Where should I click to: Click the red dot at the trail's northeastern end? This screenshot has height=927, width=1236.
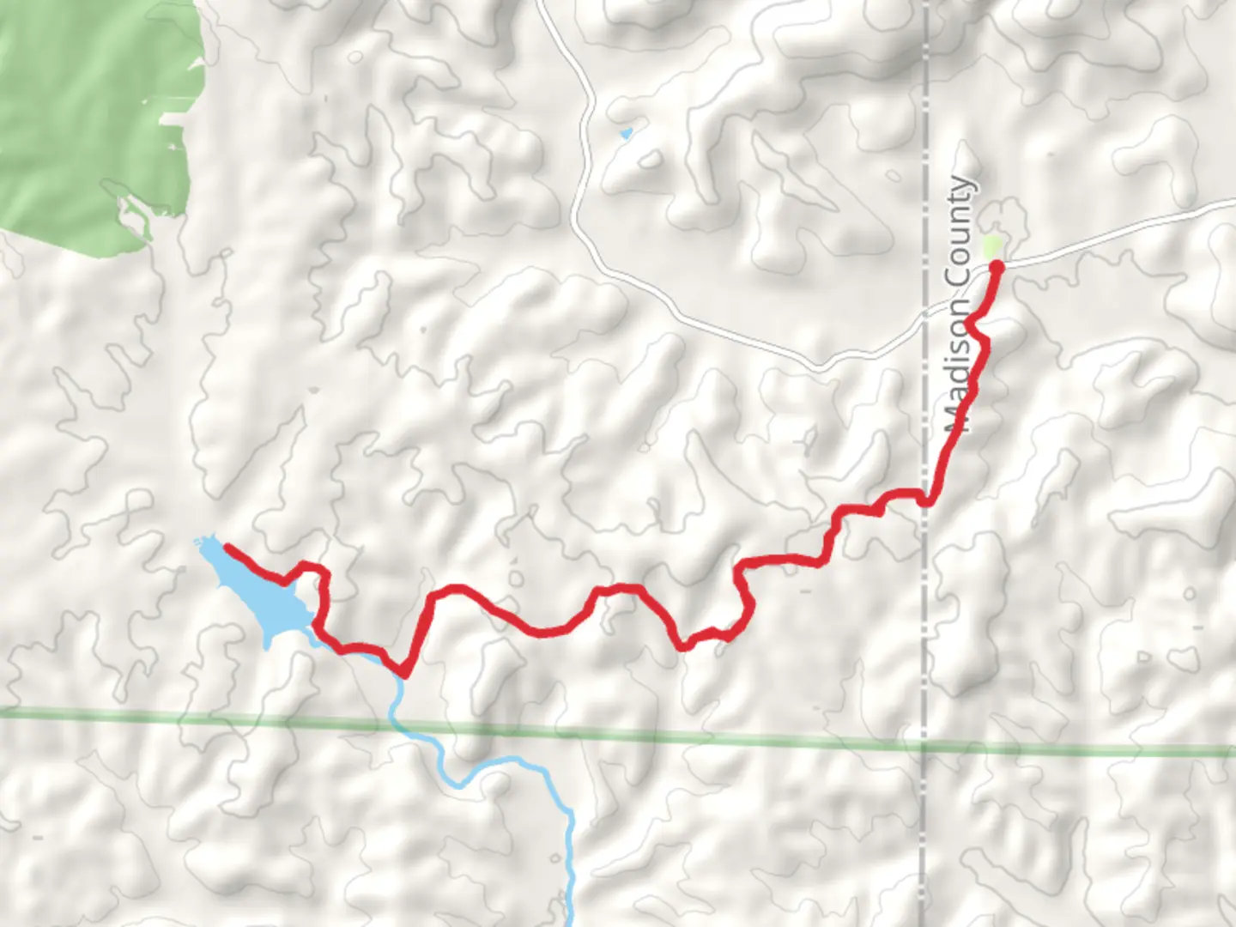(x=997, y=267)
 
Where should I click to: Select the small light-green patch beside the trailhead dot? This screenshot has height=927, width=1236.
(x=992, y=248)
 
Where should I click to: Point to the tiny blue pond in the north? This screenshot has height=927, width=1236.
(x=626, y=134)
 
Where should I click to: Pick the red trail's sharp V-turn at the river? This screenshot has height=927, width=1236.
(x=401, y=672)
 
